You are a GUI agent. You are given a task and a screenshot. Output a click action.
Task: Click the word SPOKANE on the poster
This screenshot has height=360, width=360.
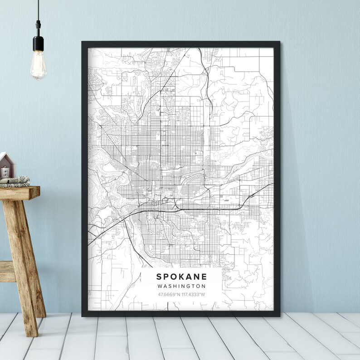pos(181,276)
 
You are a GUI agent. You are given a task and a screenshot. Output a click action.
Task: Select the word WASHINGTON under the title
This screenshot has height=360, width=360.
pos(181,286)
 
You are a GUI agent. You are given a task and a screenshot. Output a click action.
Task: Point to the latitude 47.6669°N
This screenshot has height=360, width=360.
pos(169,295)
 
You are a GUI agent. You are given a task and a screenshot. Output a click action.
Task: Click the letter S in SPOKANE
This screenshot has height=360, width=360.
pos(159,276)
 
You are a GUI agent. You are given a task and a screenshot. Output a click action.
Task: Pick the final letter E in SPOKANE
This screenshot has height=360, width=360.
pos(204,276)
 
